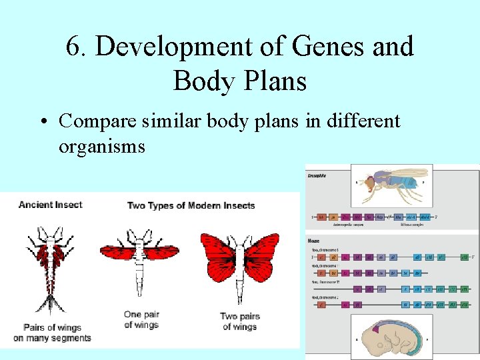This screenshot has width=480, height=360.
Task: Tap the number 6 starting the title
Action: pyautogui.click(x=74, y=47)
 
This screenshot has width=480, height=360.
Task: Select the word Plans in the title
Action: pyautogui.click(x=275, y=81)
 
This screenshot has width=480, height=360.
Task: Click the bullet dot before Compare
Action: pyautogui.click(x=42, y=123)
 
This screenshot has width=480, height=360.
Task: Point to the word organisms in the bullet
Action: pyautogui.click(x=101, y=146)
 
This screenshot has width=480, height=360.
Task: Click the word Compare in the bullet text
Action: pyautogui.click(x=100, y=121)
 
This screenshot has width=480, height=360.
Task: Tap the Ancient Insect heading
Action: pyautogui.click(x=50, y=205)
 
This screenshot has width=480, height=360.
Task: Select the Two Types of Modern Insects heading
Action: pyautogui.click(x=191, y=205)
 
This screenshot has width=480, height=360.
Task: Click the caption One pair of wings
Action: pyautogui.click(x=141, y=319)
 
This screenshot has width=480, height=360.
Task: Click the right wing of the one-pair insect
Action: pyautogui.click(x=164, y=252)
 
